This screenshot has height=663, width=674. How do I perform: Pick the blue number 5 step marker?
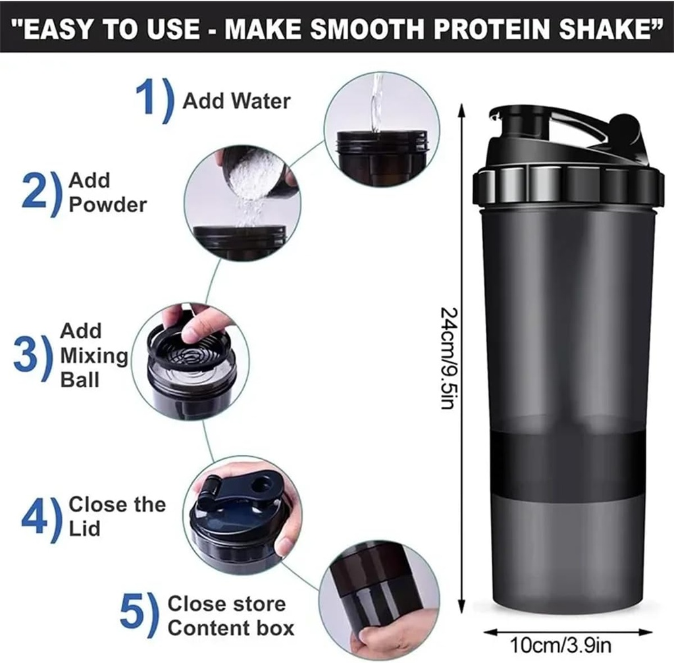pos(134,615)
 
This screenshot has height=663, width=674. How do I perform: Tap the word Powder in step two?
pos(107,205)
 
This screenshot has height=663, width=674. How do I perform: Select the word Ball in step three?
pos(80,380)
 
